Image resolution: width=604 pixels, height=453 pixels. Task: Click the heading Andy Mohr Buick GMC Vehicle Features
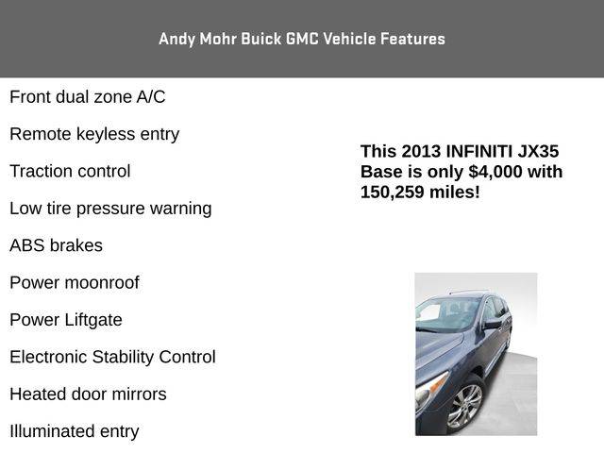[302, 39]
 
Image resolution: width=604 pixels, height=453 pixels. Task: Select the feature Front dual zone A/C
[88, 96]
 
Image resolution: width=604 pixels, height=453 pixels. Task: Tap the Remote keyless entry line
[94, 134]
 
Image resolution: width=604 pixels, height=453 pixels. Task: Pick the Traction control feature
[70, 171]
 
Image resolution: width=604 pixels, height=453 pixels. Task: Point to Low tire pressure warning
[110, 209]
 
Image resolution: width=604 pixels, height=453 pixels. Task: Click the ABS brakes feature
[57, 245]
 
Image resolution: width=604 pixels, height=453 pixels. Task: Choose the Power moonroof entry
[75, 283]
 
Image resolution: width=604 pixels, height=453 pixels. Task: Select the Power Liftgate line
[66, 320]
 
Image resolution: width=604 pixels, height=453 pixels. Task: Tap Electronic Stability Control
[112, 357]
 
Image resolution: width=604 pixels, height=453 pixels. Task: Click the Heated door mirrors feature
[88, 394]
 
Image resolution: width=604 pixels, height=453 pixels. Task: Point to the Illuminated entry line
[75, 431]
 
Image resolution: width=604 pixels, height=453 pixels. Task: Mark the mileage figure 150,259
[393, 192]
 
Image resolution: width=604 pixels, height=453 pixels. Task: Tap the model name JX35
[538, 151]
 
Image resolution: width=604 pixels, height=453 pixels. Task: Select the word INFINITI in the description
[479, 151]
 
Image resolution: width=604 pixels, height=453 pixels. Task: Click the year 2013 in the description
[421, 151]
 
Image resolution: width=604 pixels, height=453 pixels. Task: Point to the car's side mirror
[493, 324]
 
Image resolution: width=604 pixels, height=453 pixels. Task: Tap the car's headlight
[430, 387]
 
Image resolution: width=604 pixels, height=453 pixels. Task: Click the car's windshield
[446, 314]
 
